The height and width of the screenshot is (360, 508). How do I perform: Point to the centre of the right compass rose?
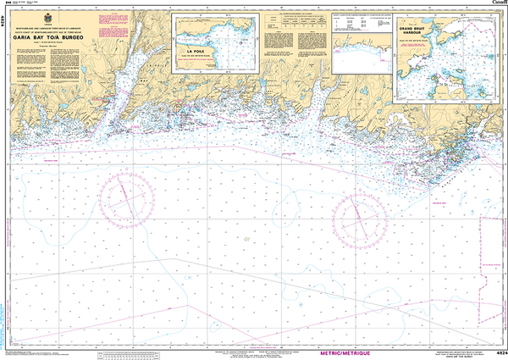tap(362, 221)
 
